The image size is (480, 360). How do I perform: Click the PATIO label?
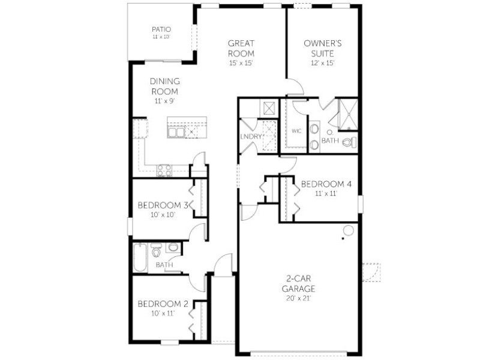pyautogui.click(x=161, y=29)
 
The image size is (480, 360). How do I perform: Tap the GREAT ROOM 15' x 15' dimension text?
pyautogui.click(x=241, y=64)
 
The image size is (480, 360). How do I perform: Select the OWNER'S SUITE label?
pyautogui.click(x=322, y=49)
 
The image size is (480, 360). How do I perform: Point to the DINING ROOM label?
pyautogui.click(x=164, y=86)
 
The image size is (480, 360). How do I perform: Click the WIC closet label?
pyautogui.click(x=296, y=131)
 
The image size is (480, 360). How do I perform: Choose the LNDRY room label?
pyautogui.click(x=251, y=137)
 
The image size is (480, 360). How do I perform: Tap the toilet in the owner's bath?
pyautogui.click(x=350, y=142)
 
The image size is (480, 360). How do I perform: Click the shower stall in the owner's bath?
pyautogui.click(x=348, y=114)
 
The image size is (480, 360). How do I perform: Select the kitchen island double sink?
pyautogui.click(x=176, y=132)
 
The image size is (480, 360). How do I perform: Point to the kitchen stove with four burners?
pyautogui.click(x=164, y=170)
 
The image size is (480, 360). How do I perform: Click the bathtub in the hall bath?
pyautogui.click(x=140, y=257)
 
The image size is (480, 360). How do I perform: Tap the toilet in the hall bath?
pyautogui.click(x=157, y=250)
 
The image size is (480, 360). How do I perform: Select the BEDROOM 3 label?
pyautogui.click(x=163, y=205)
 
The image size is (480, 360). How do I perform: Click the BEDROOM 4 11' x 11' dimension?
pyautogui.click(x=326, y=193)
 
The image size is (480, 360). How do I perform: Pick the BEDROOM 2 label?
pyautogui.click(x=163, y=304)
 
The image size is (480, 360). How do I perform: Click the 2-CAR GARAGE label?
pyautogui.click(x=298, y=283)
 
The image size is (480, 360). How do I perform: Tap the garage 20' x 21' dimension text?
pyautogui.click(x=298, y=298)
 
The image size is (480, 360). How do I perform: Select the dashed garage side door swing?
pyautogui.click(x=371, y=272)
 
